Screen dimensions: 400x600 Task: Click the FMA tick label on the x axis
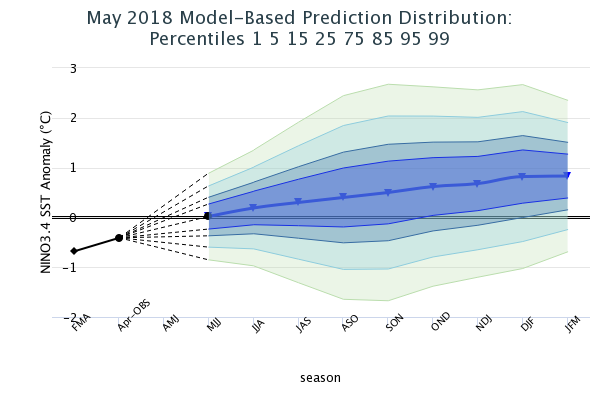(79, 324)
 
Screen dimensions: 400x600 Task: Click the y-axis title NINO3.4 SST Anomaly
(45, 192)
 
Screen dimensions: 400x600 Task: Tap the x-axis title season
(320, 378)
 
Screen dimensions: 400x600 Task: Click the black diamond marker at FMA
(74, 251)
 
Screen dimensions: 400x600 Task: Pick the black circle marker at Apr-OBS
(119, 238)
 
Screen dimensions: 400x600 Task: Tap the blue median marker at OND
(433, 187)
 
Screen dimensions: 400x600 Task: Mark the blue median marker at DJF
(523, 177)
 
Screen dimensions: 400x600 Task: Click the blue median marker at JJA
(253, 208)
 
